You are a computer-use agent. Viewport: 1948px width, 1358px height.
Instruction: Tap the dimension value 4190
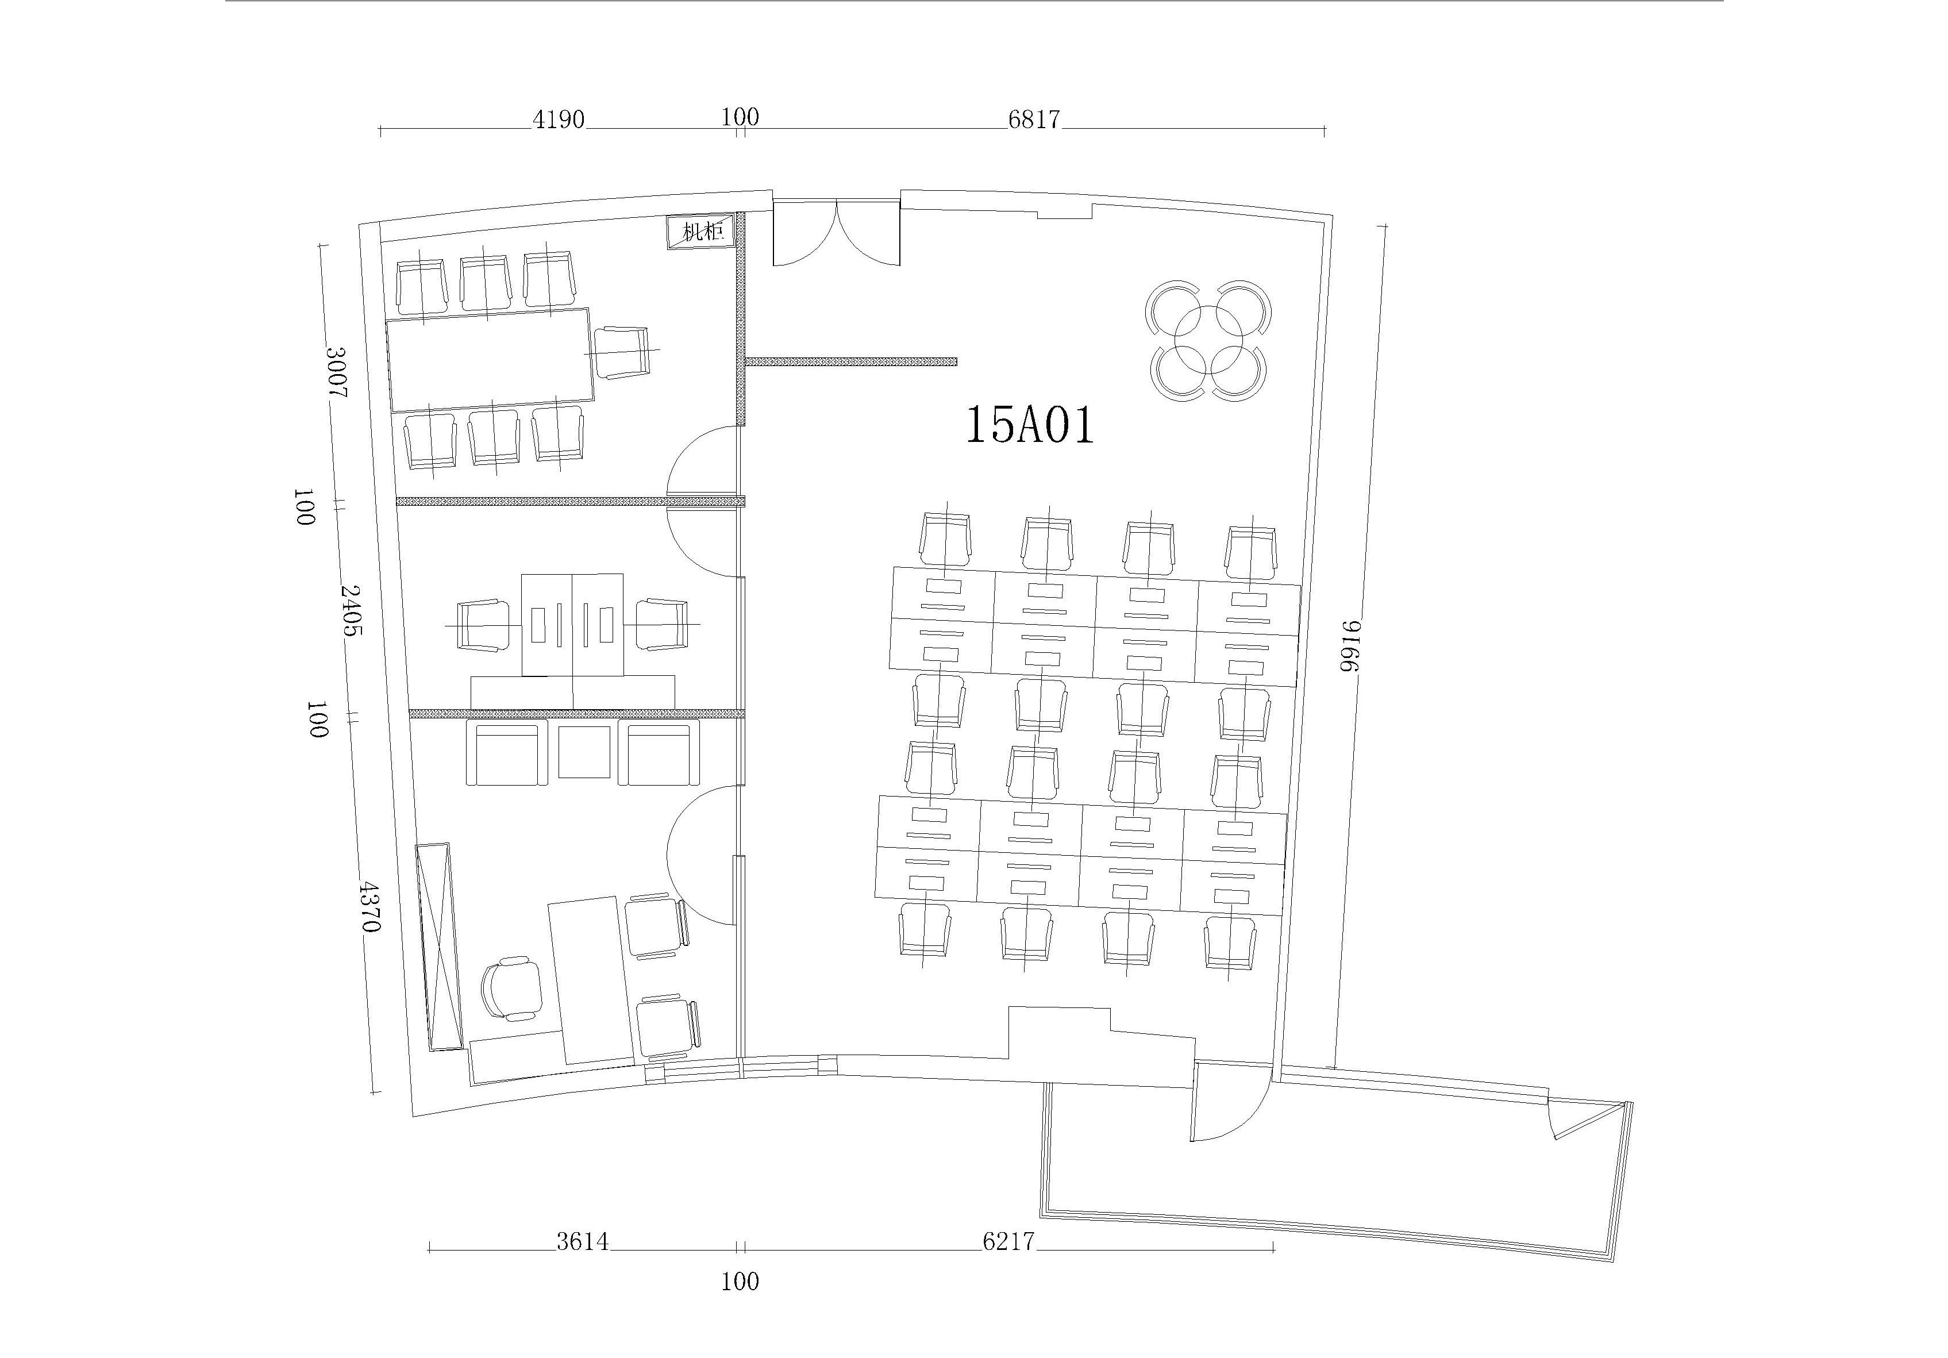point(559,120)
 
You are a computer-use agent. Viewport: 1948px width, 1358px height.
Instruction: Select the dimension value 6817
point(1034,120)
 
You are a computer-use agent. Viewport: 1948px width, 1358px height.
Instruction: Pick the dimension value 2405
point(351,610)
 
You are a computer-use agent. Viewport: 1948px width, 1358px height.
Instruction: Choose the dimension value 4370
point(369,906)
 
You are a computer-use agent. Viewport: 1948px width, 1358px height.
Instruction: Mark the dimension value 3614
point(582,1242)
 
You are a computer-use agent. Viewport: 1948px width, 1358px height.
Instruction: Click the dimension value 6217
point(1009,1242)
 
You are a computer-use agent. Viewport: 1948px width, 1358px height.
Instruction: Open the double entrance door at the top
point(836,233)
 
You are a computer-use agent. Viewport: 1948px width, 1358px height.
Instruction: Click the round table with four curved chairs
point(1208,340)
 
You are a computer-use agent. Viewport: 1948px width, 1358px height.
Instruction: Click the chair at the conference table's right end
point(623,351)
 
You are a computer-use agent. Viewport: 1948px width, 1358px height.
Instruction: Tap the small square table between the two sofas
point(584,752)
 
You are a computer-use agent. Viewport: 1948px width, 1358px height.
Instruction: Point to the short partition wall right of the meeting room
point(851,361)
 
